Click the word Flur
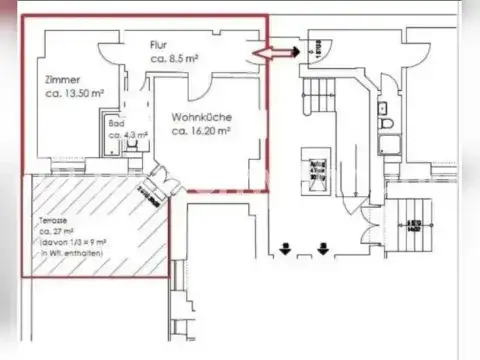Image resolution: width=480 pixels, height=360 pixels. pyautogui.click(x=158, y=45)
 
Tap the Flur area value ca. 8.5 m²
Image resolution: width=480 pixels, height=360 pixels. pyautogui.click(x=174, y=59)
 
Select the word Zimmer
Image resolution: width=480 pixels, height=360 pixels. pyautogui.click(x=62, y=79)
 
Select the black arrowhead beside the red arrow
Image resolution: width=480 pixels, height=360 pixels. pyautogui.click(x=298, y=50)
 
